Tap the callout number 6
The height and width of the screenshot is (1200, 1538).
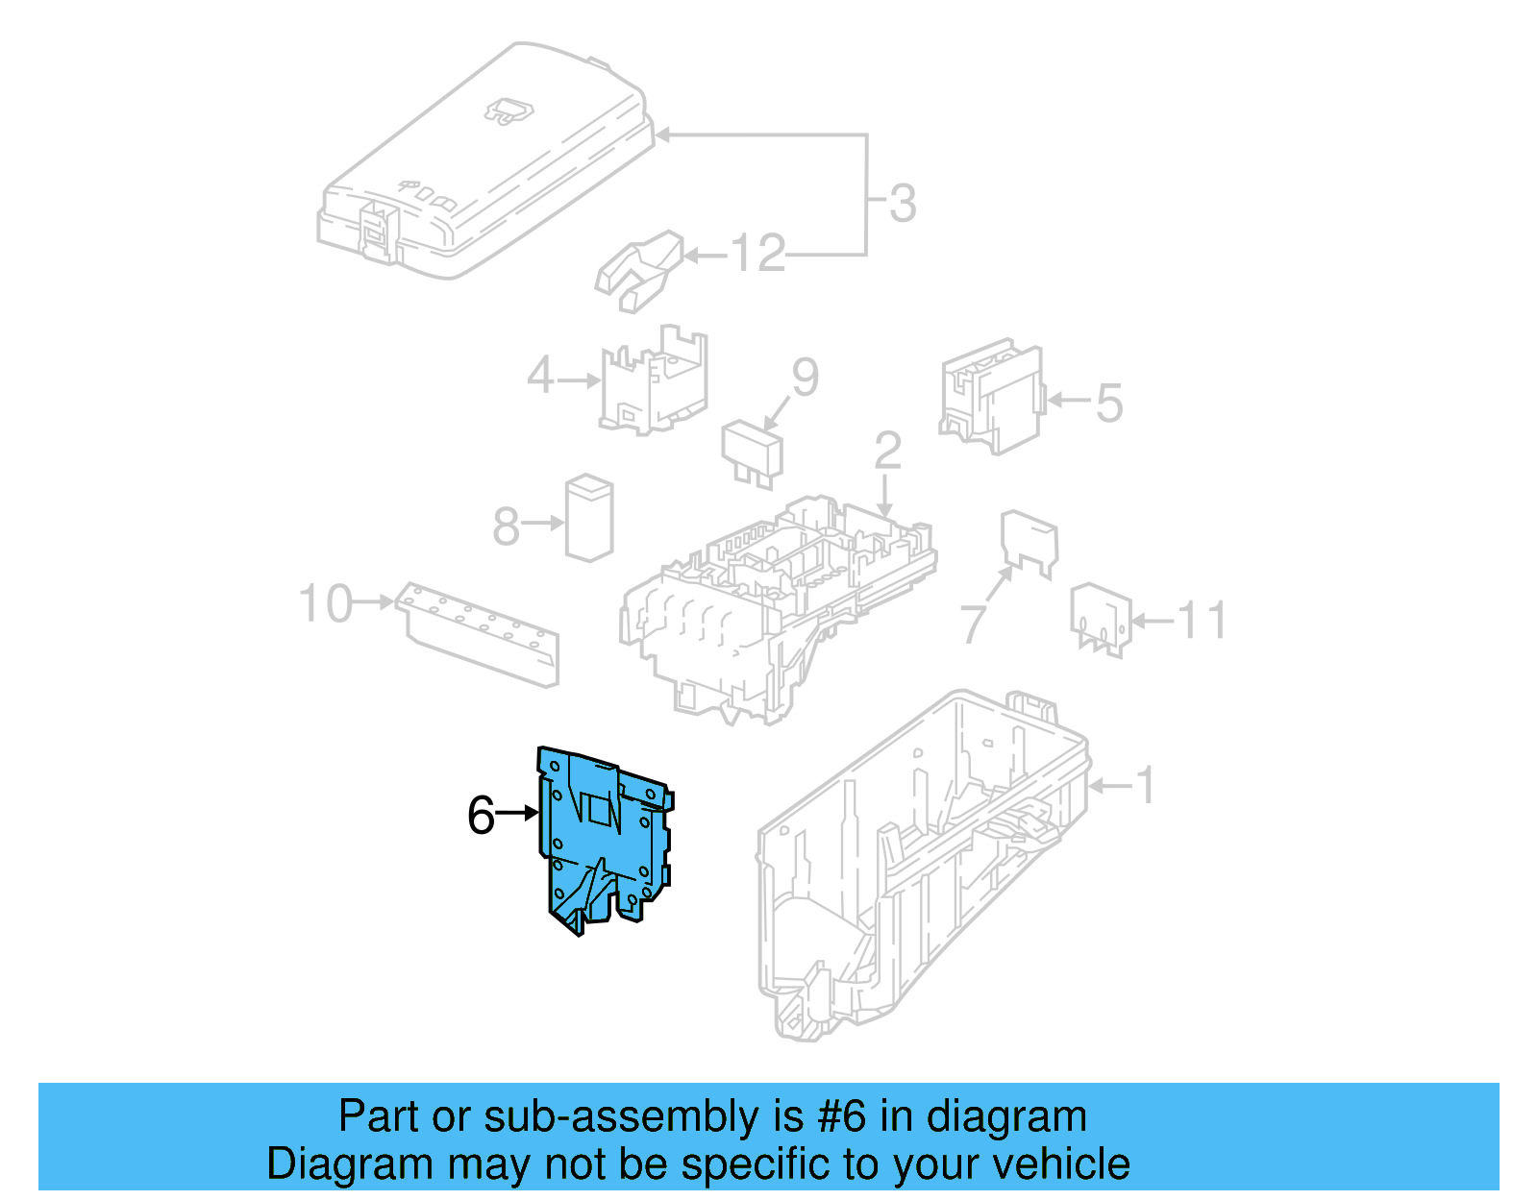480,816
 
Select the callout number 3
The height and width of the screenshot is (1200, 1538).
902,204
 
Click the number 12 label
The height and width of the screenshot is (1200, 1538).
757,255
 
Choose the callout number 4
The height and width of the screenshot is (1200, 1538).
541,376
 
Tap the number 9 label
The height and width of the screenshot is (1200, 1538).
805,377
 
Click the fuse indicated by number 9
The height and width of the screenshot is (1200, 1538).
753,452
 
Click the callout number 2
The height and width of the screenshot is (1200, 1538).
887,451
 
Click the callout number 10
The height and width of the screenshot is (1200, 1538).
325,604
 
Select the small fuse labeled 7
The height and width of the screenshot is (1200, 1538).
1029,542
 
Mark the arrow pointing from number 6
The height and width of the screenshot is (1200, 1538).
518,814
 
